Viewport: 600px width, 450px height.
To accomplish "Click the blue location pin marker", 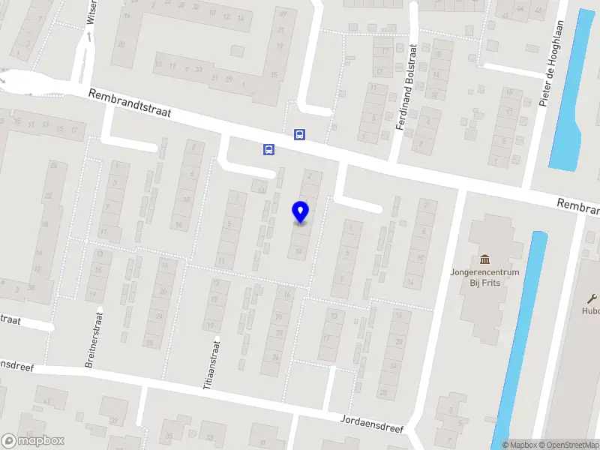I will coord(301,212).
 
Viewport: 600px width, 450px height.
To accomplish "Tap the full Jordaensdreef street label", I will coord(372,424).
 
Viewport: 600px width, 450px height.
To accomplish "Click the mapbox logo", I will coord(33,441).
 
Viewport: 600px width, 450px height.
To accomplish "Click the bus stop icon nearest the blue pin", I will coord(268,149).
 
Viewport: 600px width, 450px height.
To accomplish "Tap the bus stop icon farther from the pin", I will coord(299,135).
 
